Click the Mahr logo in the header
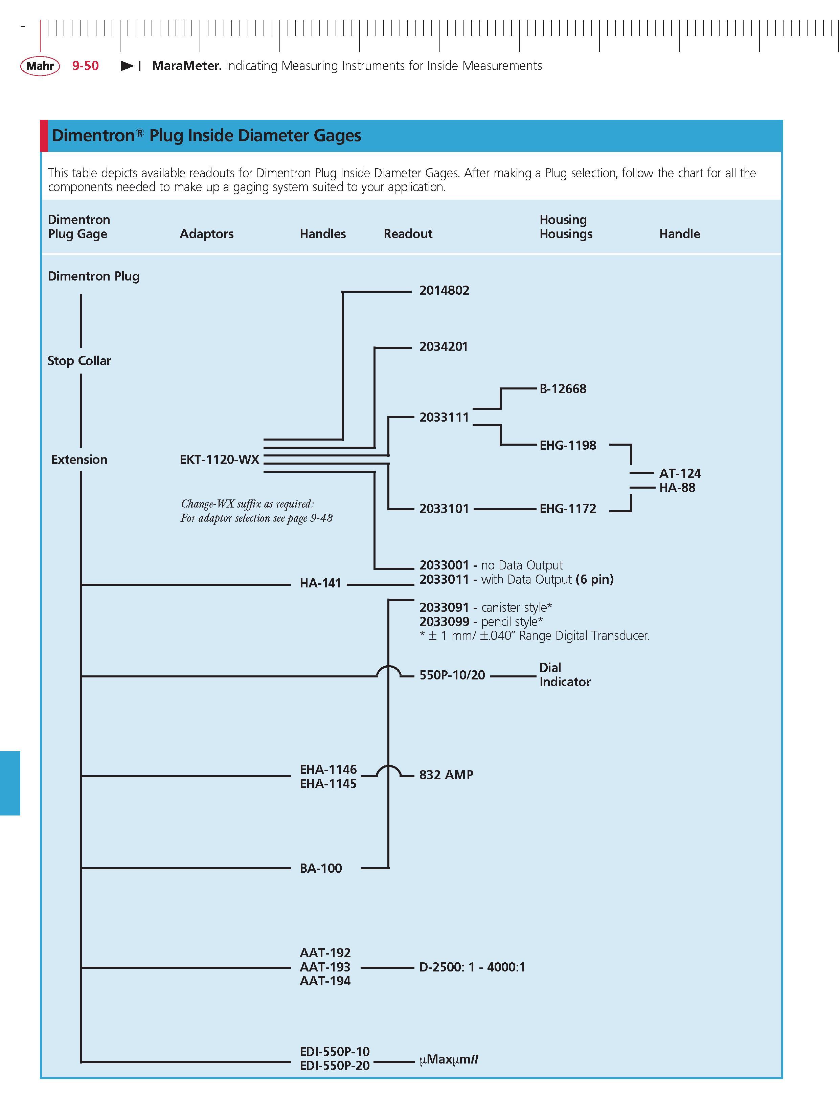tap(40, 66)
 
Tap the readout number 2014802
tap(444, 290)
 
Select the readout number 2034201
tap(443, 346)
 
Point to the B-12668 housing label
tap(563, 388)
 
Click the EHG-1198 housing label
tap(568, 445)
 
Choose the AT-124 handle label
tap(680, 473)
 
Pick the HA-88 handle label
tap(677, 488)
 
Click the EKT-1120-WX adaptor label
tap(220, 459)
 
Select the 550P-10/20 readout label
tap(452, 675)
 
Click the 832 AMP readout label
tap(446, 775)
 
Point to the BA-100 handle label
tap(321, 868)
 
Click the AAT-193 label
tap(325, 967)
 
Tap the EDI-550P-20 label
tap(335, 1066)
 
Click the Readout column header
tap(408, 234)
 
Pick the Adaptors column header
tap(206, 234)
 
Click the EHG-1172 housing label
tap(568, 509)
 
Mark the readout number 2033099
tap(444, 621)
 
